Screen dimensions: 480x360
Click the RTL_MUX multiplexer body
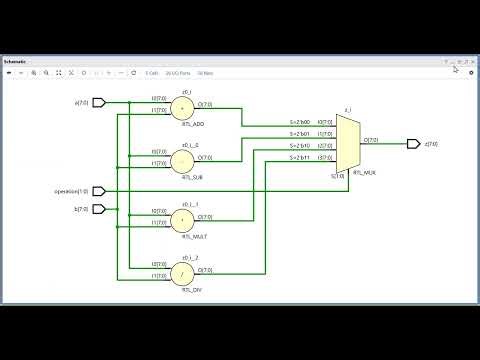pos(347,143)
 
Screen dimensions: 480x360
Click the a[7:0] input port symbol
pos(99,102)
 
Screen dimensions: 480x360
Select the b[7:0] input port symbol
pos(99,209)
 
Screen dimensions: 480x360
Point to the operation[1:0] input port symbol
pos(99,191)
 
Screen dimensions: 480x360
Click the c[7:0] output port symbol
pos(413,144)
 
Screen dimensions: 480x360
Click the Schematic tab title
pos(17,61)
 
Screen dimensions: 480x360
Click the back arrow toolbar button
pos(8,73)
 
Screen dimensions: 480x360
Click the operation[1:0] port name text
pos(72,191)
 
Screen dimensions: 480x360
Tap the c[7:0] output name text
pos(432,144)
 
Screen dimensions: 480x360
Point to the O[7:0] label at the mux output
pos(371,140)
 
